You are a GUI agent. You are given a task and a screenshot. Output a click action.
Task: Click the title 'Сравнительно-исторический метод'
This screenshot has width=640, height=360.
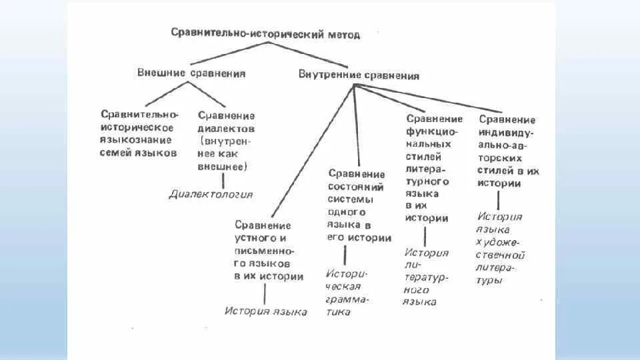tap(265, 33)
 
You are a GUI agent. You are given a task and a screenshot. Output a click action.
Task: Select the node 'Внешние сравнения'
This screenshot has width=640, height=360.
tap(191, 73)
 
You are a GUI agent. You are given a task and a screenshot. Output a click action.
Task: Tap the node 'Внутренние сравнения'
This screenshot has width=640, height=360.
tap(359, 75)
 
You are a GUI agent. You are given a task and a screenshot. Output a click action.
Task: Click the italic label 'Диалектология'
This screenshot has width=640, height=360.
tap(211, 194)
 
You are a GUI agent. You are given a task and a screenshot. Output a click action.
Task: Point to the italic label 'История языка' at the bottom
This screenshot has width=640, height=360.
tap(265, 311)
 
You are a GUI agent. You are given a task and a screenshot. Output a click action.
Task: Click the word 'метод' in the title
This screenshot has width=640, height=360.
tap(344, 34)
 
